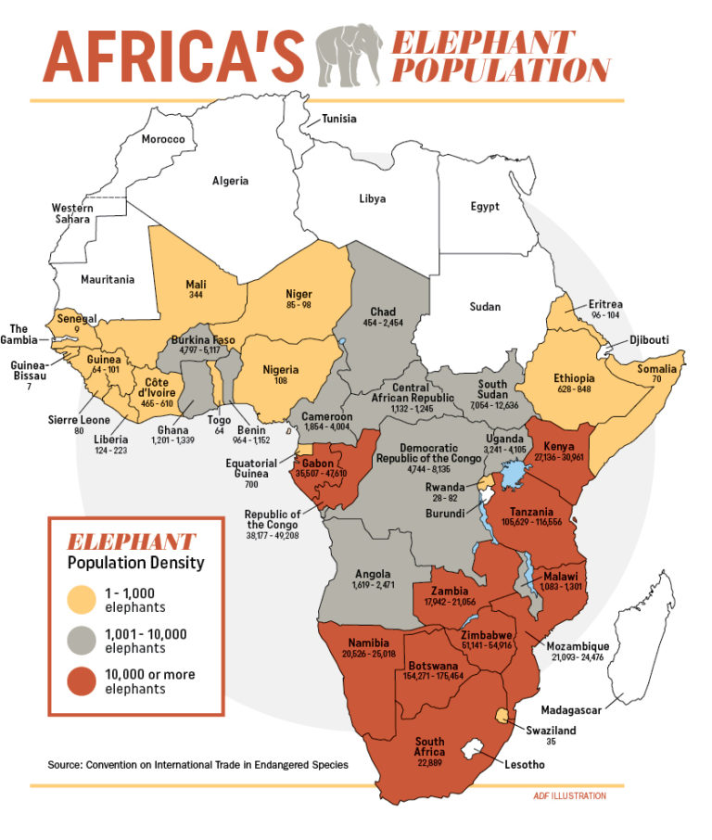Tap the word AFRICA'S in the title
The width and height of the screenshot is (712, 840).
click(172, 57)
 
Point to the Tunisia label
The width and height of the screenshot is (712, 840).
click(339, 119)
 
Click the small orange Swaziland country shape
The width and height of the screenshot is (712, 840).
click(502, 715)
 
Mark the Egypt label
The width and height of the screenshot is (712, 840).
click(484, 207)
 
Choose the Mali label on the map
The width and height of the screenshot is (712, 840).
click(196, 285)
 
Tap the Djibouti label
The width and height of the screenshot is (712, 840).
click(648, 339)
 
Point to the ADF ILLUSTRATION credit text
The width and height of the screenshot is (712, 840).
click(570, 795)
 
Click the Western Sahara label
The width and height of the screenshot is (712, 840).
click(71, 213)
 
